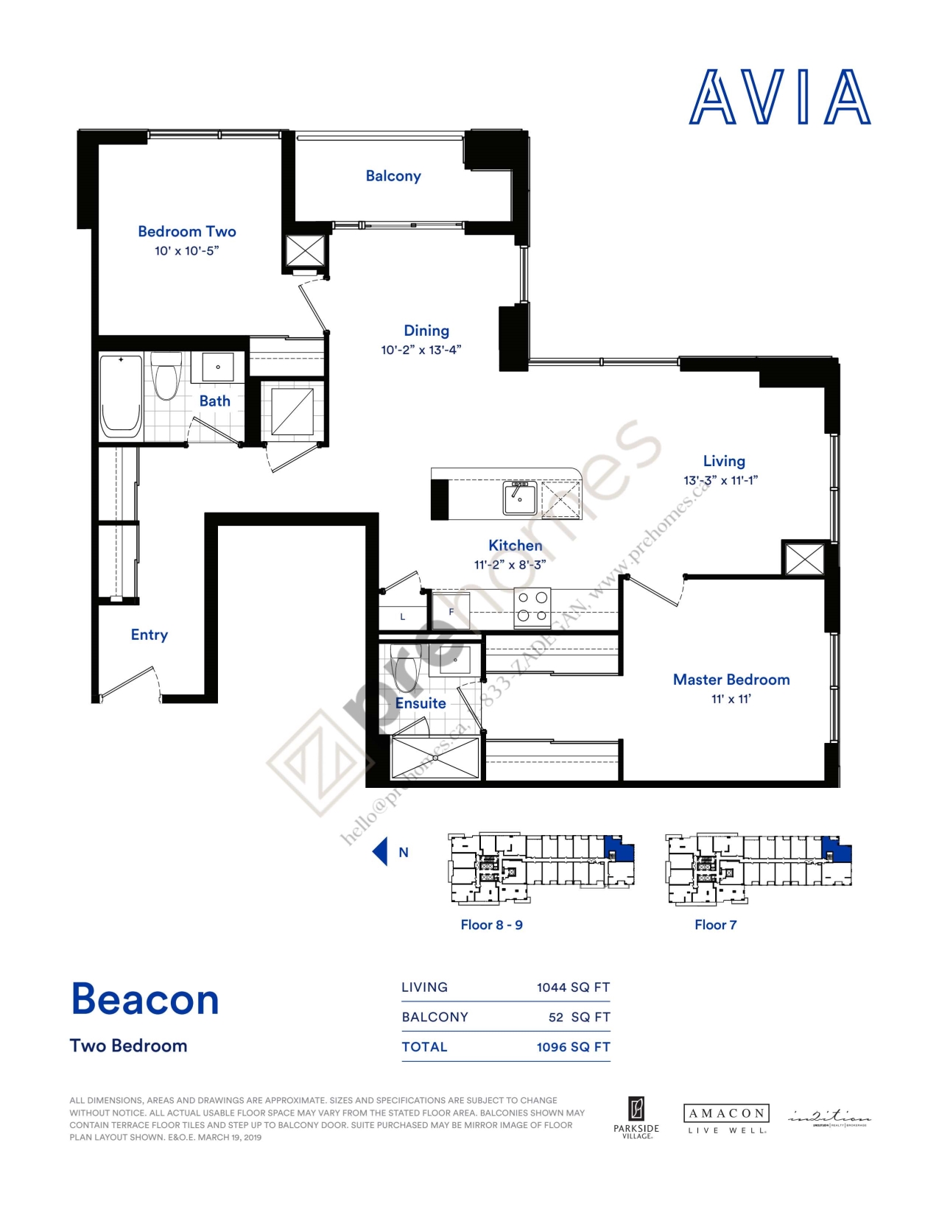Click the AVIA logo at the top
780,97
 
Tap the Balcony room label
393,176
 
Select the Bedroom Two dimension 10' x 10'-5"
186,251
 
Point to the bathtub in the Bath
121,396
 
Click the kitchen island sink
520,499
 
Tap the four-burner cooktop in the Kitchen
532,607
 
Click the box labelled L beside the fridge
402,617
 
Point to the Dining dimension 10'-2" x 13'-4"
421,351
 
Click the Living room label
724,461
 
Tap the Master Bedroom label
731,680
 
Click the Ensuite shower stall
435,757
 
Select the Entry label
150,635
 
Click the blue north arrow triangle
380,851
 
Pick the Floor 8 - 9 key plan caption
491,925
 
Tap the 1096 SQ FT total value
573,1047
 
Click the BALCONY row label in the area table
435,1017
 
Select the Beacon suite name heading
145,999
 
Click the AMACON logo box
726,1113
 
